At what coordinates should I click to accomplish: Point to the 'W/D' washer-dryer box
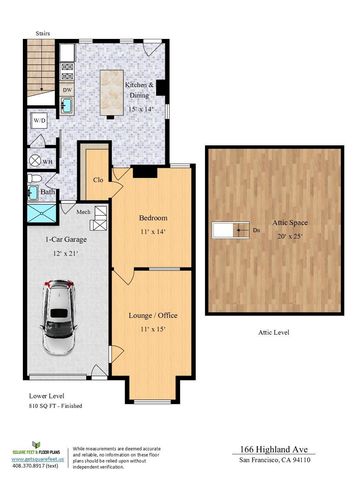point(41,120)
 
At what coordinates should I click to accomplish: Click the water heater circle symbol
point(47,159)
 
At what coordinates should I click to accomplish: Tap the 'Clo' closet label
point(98,182)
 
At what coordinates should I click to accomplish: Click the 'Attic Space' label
point(270,223)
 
